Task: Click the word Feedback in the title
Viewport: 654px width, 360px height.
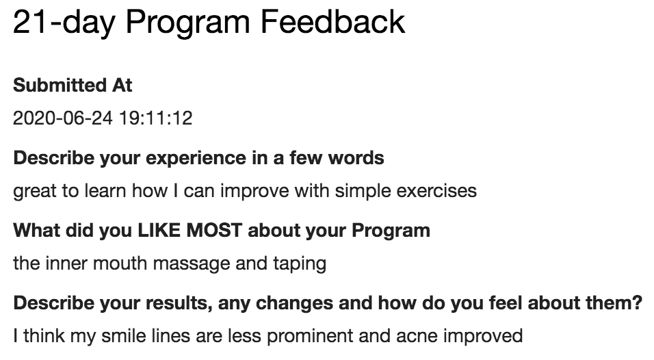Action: pyautogui.click(x=332, y=22)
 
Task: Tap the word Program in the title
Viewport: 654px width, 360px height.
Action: pyautogui.click(x=187, y=24)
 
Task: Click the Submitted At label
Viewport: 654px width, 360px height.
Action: pyautogui.click(x=73, y=85)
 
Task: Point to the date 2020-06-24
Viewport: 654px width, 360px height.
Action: pyautogui.click(x=62, y=118)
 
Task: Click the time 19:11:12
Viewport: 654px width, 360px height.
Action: pyautogui.click(x=155, y=118)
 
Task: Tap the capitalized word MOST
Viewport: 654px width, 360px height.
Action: pyautogui.click(x=214, y=230)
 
